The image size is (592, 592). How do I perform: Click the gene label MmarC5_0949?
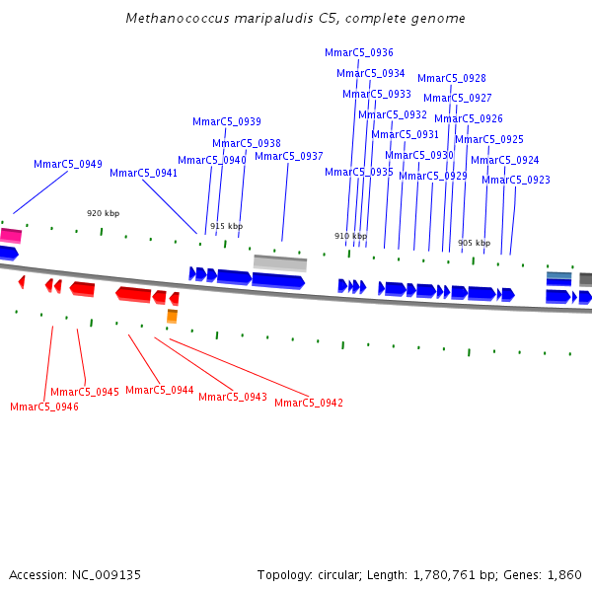(68, 165)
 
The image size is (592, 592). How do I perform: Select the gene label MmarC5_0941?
(144, 173)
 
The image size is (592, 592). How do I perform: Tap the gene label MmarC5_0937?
(289, 156)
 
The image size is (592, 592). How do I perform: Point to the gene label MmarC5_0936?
(359, 52)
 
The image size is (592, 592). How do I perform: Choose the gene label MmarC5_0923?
(516, 180)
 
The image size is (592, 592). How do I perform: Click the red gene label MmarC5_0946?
(44, 407)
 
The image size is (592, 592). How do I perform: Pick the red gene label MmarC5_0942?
(309, 403)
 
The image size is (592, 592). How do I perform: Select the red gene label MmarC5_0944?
(160, 390)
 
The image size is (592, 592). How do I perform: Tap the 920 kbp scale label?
(103, 213)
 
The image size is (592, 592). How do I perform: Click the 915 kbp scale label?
(226, 226)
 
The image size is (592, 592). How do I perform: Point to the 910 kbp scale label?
(350, 236)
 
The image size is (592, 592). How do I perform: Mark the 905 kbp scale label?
(474, 243)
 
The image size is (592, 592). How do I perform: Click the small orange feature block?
(172, 316)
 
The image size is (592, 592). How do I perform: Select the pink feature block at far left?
(10, 235)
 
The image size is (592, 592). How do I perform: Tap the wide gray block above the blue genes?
(280, 262)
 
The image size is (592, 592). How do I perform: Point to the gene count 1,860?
(565, 574)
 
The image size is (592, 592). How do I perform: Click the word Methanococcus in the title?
(173, 19)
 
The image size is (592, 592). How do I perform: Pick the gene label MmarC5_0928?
(452, 78)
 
